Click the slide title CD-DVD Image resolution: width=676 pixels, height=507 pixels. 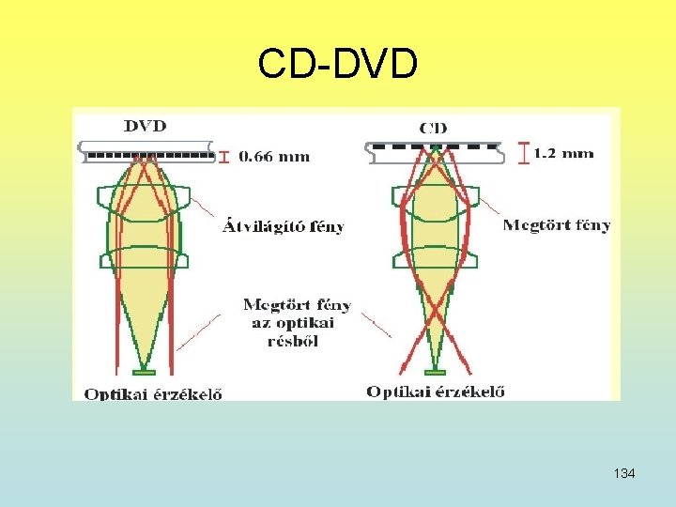[x=337, y=64]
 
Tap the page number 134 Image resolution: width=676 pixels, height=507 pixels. [x=623, y=473]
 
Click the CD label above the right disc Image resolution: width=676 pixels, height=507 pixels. [x=432, y=128]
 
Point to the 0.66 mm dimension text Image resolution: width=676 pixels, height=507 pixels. [x=274, y=157]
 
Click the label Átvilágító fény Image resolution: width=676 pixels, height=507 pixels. [x=283, y=226]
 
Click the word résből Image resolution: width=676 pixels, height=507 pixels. [x=292, y=341]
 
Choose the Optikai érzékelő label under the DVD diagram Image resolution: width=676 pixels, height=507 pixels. [x=153, y=394]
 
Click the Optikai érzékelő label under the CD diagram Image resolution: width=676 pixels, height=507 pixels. [x=435, y=392]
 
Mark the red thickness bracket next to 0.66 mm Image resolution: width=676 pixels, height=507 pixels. [x=223, y=157]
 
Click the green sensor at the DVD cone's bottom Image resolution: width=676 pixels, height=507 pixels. [x=144, y=373]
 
